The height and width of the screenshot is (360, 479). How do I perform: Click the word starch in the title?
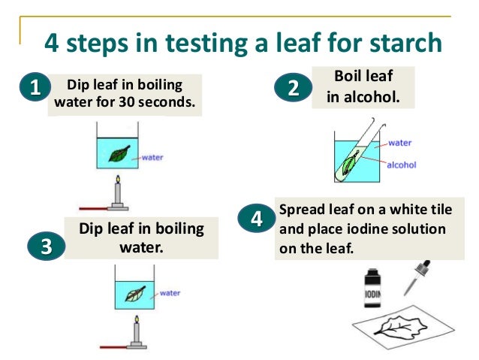405,42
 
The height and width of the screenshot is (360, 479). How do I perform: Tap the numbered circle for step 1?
35,87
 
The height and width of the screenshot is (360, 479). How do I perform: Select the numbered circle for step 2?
294,87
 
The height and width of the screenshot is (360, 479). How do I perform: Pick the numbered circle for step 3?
47,246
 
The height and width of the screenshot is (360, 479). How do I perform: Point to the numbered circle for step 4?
257,218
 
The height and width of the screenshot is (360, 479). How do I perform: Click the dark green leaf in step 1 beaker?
119,153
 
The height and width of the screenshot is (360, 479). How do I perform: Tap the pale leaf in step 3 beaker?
135,294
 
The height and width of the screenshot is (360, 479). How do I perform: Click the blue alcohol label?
402,165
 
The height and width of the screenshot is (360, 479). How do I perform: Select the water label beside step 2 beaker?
400,143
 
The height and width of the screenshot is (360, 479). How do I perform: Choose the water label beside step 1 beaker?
152,158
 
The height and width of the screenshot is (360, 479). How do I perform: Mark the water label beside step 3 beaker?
170,293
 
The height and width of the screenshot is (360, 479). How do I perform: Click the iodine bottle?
372,288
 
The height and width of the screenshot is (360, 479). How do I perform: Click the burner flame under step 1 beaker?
118,179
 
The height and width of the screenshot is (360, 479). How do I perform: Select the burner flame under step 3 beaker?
137,319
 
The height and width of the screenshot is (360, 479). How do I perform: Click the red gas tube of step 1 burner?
94,209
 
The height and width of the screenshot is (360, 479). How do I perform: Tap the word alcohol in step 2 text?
372,97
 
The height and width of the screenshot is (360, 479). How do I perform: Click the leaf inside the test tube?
348,164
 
